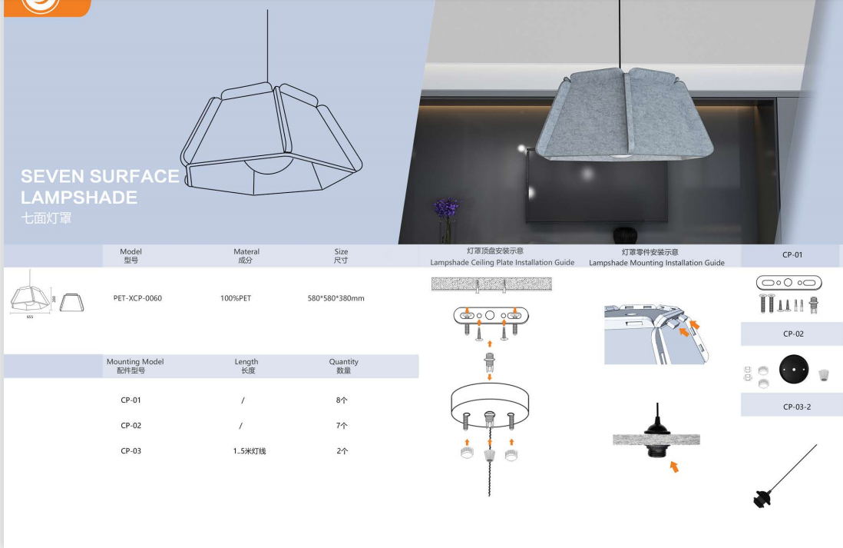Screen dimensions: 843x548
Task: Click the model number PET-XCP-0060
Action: pos(137,298)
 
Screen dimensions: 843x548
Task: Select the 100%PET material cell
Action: pos(236,298)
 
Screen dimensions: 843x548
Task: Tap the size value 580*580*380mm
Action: pos(336,298)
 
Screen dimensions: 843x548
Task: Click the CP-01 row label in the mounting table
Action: pos(131,400)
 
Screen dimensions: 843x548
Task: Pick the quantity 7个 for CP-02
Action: pos(342,426)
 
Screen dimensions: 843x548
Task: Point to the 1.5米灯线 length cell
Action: pos(250,451)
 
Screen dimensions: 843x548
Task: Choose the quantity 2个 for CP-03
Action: pos(342,451)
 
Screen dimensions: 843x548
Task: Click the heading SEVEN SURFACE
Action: pos(100,177)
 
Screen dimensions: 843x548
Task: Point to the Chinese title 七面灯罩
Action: pos(46,218)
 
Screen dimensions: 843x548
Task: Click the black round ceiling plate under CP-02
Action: pos(794,370)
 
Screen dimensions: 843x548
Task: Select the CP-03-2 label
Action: pos(797,407)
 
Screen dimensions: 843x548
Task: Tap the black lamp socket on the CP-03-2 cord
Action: pos(762,499)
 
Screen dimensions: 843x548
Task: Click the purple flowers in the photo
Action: pos(446,208)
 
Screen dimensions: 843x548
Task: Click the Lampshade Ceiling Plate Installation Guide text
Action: pos(502,263)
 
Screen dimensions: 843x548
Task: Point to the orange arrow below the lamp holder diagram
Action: pos(674,467)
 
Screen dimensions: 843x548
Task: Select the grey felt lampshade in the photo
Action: pos(624,114)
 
